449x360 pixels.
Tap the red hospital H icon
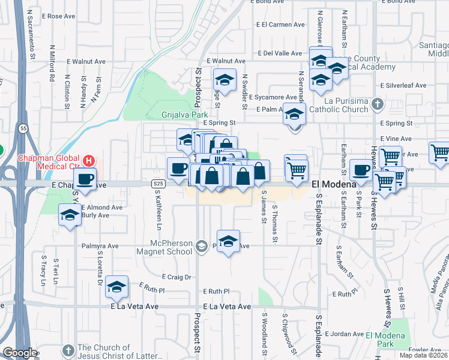point(89,161)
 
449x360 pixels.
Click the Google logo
point(19,353)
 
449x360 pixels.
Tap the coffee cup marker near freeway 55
point(86,179)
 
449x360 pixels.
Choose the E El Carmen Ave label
point(280,25)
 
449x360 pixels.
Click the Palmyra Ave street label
point(101,245)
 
